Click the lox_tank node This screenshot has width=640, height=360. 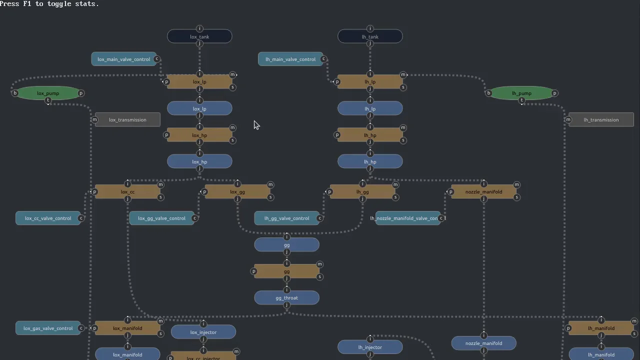click(x=199, y=36)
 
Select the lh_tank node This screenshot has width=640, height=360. click(x=370, y=36)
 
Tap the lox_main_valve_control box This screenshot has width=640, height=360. click(x=123, y=59)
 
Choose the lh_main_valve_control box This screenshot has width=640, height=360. click(x=290, y=59)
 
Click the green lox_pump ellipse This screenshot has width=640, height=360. click(x=48, y=93)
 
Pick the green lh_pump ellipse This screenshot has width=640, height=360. click(x=521, y=93)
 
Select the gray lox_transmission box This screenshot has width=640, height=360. click(x=127, y=119)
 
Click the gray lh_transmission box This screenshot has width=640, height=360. click(x=601, y=119)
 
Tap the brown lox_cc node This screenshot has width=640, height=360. click(x=127, y=191)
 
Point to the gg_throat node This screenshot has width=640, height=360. click(x=286, y=297)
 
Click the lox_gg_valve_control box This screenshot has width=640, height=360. click(x=161, y=218)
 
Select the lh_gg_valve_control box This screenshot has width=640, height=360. click(x=286, y=218)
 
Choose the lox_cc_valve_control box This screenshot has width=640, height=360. click(x=48, y=218)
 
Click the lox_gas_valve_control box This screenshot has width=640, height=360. click(x=48, y=328)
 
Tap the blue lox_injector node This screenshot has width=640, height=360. click(x=203, y=332)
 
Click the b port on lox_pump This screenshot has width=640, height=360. click(x=15, y=93)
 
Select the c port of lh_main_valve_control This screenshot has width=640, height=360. click(x=324, y=59)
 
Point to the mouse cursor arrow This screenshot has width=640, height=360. click(x=256, y=124)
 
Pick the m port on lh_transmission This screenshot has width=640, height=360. click(x=568, y=119)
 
